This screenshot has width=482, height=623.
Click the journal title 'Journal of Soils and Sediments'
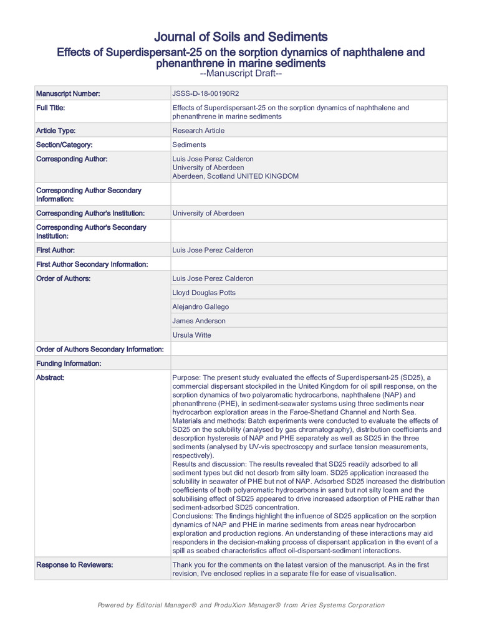(241, 37)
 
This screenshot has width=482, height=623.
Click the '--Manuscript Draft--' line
(241, 74)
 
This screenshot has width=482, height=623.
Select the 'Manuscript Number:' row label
(68, 93)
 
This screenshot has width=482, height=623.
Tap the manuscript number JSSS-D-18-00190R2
(205, 93)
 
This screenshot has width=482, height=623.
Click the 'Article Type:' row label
(57, 131)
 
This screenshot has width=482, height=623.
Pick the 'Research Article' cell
(198, 131)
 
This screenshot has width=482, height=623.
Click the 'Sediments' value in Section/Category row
(189, 145)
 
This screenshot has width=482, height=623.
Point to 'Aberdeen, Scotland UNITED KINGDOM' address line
(235, 176)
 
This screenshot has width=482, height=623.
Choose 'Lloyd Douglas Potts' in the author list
(204, 293)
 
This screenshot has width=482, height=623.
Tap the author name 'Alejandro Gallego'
(200, 307)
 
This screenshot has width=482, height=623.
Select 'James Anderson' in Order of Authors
(199, 321)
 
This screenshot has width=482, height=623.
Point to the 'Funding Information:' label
(69, 363)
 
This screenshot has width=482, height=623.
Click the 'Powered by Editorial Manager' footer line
(241, 605)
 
